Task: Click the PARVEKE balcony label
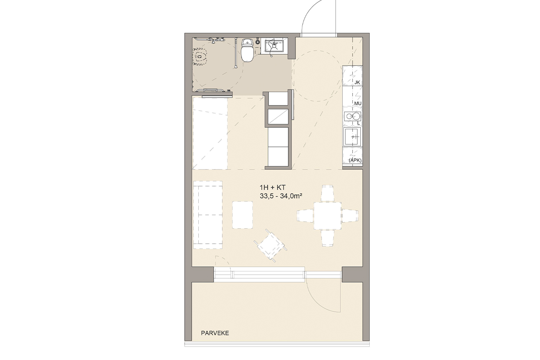pos(215,333)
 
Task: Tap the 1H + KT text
pos(273,187)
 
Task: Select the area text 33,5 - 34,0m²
pos(281,196)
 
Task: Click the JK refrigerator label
pos(357,82)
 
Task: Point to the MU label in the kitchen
pos(357,103)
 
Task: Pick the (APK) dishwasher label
pos(355,160)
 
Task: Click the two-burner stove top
pos(352,117)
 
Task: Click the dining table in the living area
pos(327,216)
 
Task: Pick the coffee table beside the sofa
pos(243,215)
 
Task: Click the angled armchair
pos(270,246)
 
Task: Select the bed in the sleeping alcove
pos(210,133)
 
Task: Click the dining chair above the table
pos(328,193)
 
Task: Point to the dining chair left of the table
pos(305,216)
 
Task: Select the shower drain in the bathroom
pos(199,57)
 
